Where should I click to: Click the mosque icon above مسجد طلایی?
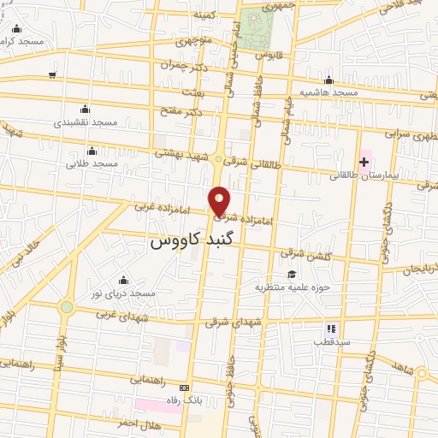point(92,151)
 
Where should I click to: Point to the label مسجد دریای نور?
point(125,293)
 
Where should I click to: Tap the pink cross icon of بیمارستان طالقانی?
point(364,161)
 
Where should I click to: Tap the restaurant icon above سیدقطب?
point(331,328)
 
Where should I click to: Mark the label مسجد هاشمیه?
point(328,92)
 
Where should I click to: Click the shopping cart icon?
point(53,75)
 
